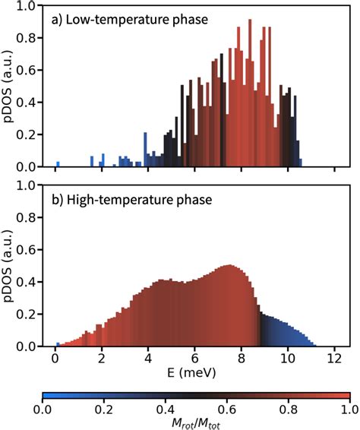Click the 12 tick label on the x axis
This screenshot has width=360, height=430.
click(334, 360)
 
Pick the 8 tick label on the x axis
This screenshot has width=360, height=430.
click(242, 360)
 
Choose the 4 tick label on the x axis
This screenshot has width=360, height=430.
click(148, 360)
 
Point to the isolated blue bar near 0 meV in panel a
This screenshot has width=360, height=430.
click(58, 164)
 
